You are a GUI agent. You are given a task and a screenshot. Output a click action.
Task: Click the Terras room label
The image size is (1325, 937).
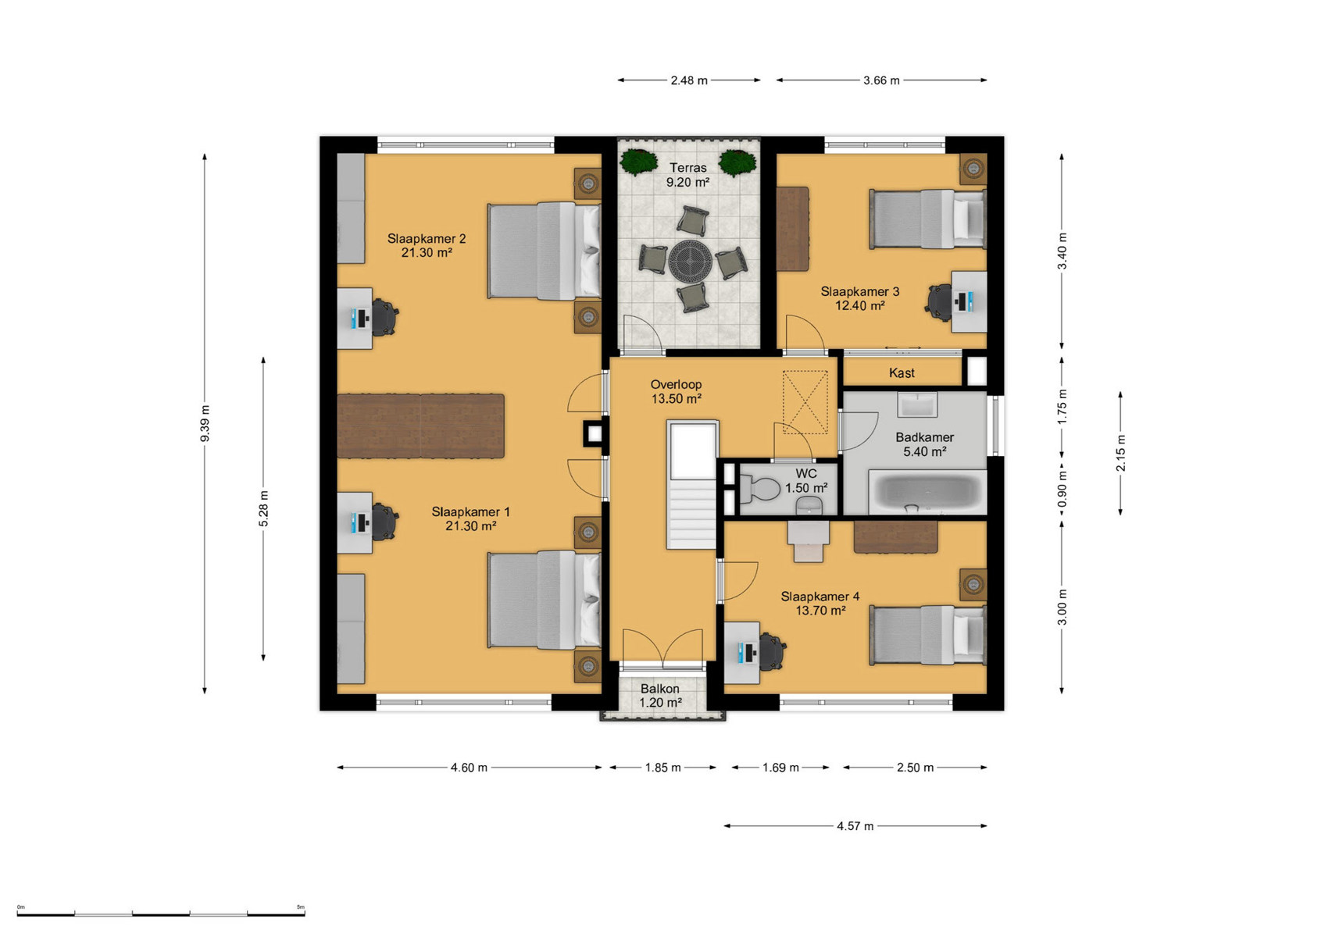click(687, 168)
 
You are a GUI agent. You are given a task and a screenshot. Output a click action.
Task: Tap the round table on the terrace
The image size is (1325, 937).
click(691, 262)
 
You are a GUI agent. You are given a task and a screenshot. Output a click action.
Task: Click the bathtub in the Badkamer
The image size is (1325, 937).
click(927, 491)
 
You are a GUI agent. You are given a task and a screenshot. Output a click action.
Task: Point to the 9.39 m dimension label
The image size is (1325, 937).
click(205, 423)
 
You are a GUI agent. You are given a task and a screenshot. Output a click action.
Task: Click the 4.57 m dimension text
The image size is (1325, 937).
click(855, 826)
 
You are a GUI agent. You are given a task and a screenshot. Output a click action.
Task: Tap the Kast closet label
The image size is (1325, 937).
click(902, 373)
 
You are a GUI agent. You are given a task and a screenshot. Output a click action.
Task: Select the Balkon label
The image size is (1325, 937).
click(659, 689)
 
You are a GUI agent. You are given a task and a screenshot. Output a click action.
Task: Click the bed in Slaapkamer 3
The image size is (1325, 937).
click(927, 219)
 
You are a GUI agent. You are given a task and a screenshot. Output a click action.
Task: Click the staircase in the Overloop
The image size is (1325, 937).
click(692, 485)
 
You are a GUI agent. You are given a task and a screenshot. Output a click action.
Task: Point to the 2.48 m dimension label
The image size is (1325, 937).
click(689, 80)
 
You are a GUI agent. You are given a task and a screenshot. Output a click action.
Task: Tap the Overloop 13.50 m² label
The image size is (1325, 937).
click(676, 391)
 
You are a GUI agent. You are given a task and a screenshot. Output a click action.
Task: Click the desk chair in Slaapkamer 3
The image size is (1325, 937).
click(939, 301)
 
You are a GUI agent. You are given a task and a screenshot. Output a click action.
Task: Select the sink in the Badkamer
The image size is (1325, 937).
click(917, 405)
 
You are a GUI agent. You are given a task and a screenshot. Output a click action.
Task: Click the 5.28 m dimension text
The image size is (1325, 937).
click(263, 508)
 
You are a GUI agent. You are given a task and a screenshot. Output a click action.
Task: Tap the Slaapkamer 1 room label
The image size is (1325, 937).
click(470, 512)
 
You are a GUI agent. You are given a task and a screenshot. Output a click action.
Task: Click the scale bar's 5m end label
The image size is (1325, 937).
click(301, 907)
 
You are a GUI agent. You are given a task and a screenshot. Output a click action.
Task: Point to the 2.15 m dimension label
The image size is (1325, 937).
click(1120, 453)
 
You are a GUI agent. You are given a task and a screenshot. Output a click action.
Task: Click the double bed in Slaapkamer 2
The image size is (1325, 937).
click(545, 251)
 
